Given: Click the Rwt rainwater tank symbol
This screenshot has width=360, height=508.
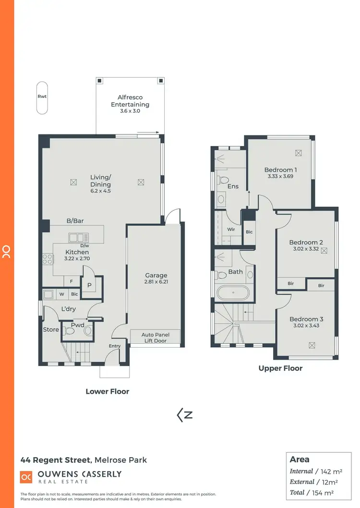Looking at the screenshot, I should coord(42,98).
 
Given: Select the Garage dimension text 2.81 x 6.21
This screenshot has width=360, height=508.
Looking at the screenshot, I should coord(156,282).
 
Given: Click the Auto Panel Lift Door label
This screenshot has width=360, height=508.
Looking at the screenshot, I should coord(156,337).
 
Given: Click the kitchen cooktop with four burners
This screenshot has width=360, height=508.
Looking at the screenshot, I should coord(48,259).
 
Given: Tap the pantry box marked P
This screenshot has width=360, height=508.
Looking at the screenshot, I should coord(89,284).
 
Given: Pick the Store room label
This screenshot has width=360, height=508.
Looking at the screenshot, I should coord(51,330).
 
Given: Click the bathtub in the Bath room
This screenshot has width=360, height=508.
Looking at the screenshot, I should coord(233,292).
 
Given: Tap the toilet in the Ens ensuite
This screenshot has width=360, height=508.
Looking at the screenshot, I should coord(223,181).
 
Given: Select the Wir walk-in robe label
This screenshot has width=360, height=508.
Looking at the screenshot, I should coord(231,230).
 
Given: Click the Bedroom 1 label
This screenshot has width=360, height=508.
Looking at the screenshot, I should coord(281,170).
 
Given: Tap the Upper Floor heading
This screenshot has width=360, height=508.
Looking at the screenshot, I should coord(280,368).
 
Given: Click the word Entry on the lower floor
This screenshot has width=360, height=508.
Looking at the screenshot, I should coord(115,346).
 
